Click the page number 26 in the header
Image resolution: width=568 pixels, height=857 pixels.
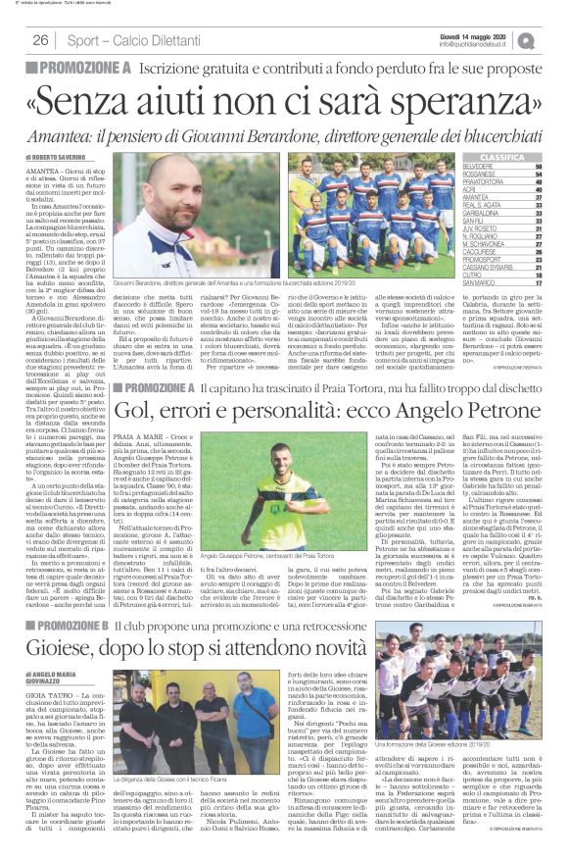pos(40,39)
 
